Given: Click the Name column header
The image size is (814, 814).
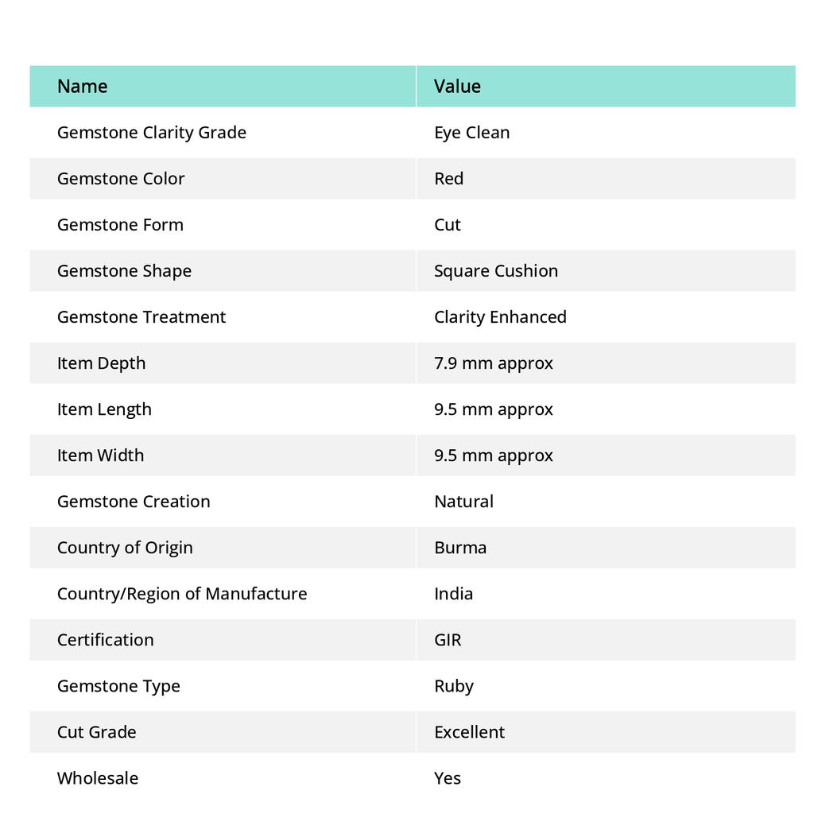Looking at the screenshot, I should [82, 86].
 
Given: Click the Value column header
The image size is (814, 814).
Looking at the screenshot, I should [457, 86].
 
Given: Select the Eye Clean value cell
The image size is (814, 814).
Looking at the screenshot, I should [471, 132].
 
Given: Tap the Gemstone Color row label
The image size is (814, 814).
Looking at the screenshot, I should [121, 178].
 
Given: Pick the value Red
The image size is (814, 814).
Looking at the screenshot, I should [448, 178].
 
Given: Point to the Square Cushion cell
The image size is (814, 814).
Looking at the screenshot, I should [495, 270].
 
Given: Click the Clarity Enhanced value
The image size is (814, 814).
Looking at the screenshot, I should [500, 316].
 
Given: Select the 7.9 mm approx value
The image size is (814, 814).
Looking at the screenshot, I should [493, 362].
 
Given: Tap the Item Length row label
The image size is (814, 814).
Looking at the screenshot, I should [104, 409].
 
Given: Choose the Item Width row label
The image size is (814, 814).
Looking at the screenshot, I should [100, 455].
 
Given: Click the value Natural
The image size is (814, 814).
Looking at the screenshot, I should [463, 501].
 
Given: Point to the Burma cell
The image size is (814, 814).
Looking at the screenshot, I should [460, 547].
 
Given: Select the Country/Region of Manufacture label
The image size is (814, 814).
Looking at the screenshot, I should [182, 593].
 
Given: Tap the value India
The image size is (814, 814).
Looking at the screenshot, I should [453, 593].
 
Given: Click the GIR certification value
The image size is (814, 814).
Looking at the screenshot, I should [448, 639].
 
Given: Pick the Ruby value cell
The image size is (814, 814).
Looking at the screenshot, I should [453, 685].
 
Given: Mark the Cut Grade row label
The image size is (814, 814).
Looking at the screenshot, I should [96, 731].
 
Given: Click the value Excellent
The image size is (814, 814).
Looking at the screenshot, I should [469, 731].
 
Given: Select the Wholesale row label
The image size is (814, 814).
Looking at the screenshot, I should [97, 777].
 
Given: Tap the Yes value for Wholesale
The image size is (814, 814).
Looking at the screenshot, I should [447, 777].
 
